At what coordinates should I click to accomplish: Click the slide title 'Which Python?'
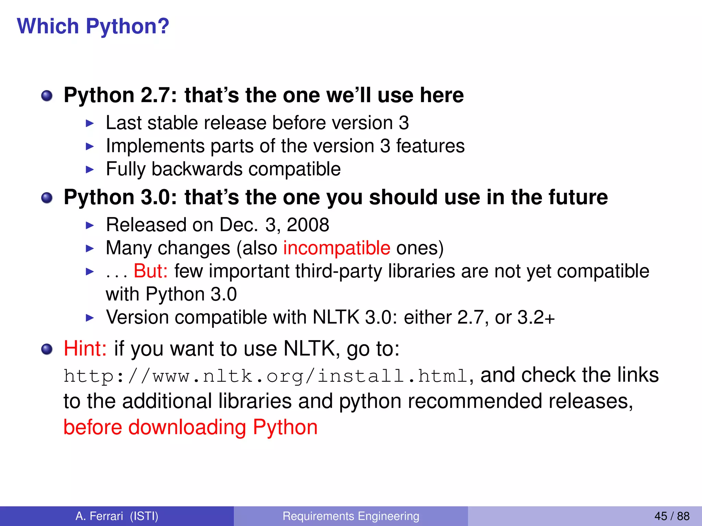93,26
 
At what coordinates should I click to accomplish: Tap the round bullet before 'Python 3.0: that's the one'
47,198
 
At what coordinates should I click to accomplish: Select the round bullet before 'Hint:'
47,349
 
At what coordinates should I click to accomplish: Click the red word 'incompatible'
337,248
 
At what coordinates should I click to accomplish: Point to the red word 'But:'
150,271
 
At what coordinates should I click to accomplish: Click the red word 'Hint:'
85,349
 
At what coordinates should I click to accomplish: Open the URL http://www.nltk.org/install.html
266,376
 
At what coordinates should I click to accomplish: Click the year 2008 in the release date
308,225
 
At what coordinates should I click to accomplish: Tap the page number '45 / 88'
672,516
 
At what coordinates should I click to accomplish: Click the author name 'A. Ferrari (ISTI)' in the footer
117,516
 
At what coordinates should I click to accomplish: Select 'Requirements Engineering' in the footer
351,516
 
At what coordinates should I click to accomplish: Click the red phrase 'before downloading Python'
191,427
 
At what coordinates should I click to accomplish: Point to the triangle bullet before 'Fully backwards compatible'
89,169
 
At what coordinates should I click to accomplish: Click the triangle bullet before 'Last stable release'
89,123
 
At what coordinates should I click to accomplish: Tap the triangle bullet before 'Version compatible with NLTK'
89,317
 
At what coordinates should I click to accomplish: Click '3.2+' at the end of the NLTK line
536,317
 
